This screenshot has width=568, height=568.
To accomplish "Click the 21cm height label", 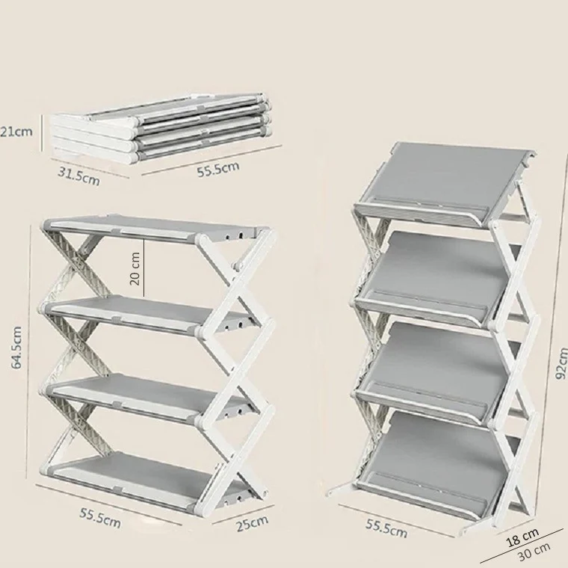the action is [16, 131].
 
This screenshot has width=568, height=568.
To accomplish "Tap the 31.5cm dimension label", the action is [78, 177].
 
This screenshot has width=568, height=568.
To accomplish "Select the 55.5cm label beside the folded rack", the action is [218, 169].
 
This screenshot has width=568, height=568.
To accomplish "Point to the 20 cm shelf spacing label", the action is [135, 268].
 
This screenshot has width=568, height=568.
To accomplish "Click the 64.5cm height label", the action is [16, 348].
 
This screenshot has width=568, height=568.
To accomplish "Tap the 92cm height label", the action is [561, 363].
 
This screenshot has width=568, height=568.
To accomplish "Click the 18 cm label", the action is [522, 537].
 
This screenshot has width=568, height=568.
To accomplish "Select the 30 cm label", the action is [534, 551].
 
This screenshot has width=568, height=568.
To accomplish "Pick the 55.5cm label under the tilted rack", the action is [386, 528].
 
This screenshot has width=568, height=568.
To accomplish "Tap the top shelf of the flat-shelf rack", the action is [156, 229].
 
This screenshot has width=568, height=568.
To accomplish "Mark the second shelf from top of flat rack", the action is [149, 312].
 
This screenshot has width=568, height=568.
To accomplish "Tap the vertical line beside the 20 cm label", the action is [144, 268].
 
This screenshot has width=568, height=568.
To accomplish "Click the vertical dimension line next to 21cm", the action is [43, 133].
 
